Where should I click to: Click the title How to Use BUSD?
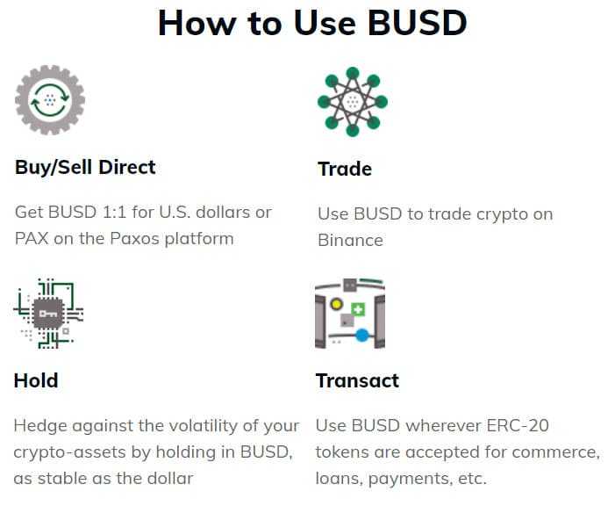tap(311, 25)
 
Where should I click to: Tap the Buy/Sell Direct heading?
tap(85, 167)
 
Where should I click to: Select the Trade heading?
tap(345, 169)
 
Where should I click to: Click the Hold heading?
tap(36, 380)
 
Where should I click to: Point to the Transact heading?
tap(357, 380)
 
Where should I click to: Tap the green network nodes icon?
tap(352, 101)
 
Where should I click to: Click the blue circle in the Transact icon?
tap(361, 335)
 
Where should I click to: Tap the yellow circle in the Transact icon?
tap(336, 304)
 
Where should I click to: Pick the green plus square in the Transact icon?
tap(357, 308)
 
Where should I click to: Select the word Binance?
tap(350, 240)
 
